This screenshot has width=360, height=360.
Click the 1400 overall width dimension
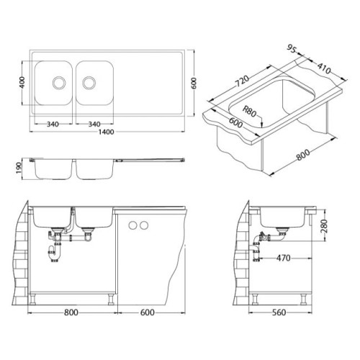[x=107, y=132]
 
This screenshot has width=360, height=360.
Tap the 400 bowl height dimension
[x=22, y=82]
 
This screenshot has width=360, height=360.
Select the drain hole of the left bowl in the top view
[x=59, y=83]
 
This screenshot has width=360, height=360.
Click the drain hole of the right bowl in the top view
[x=89, y=83]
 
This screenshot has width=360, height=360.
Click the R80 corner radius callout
[x=250, y=111]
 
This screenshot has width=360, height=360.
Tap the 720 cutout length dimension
[x=243, y=81]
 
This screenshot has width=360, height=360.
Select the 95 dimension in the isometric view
[x=292, y=49]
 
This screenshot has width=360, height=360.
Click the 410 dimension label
[x=324, y=68]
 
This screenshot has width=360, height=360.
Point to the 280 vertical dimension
[x=324, y=226]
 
